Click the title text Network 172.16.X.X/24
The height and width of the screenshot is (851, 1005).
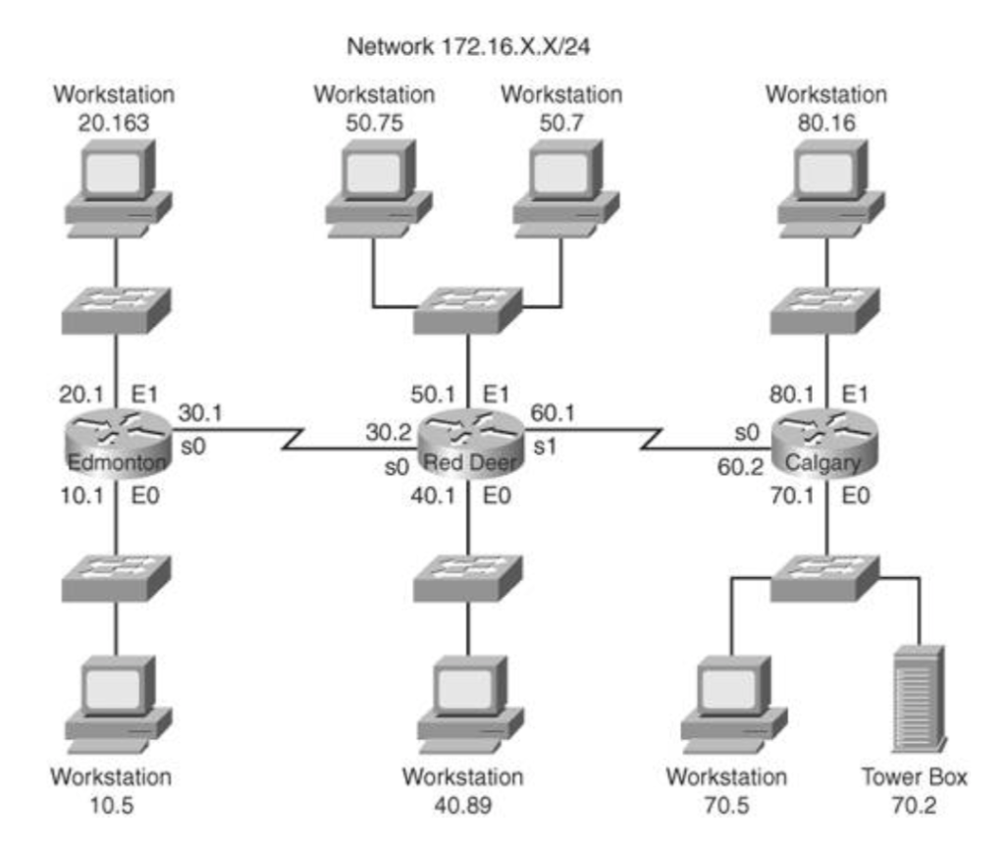[x=466, y=45]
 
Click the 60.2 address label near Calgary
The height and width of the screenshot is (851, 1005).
[x=740, y=466]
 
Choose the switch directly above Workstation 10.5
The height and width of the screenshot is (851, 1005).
[x=116, y=579]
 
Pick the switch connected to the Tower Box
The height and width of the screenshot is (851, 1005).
[x=824, y=579]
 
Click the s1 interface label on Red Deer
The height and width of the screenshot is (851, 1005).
[x=546, y=445]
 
